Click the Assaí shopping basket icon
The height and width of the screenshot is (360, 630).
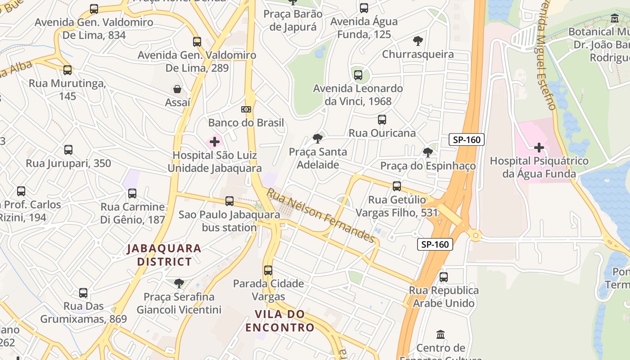(178, 89)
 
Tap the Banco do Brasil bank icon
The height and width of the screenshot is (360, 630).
(246, 109)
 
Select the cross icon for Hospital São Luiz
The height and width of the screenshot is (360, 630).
(215, 142)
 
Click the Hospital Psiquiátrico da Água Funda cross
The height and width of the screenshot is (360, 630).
(539, 148)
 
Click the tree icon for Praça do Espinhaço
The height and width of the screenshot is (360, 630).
(427, 153)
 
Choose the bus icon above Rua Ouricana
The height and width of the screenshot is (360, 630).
(382, 120)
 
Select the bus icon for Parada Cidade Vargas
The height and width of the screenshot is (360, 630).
(268, 270)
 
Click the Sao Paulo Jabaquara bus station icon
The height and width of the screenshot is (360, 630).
(229, 201)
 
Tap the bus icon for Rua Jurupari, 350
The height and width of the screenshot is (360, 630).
(68, 150)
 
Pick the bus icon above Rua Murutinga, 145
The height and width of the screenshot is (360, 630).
(67, 70)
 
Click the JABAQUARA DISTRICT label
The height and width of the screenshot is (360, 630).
(164, 255)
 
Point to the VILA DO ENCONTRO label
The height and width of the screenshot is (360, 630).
(279, 320)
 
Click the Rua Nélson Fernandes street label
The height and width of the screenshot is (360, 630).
(321, 216)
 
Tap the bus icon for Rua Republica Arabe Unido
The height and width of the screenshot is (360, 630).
(444, 277)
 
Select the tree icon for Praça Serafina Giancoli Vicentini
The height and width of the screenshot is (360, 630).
(179, 283)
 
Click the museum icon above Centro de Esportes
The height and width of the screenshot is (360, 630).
(441, 335)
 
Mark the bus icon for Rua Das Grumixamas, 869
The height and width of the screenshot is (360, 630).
(83, 293)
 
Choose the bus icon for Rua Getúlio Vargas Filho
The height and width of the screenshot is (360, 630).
(397, 186)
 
